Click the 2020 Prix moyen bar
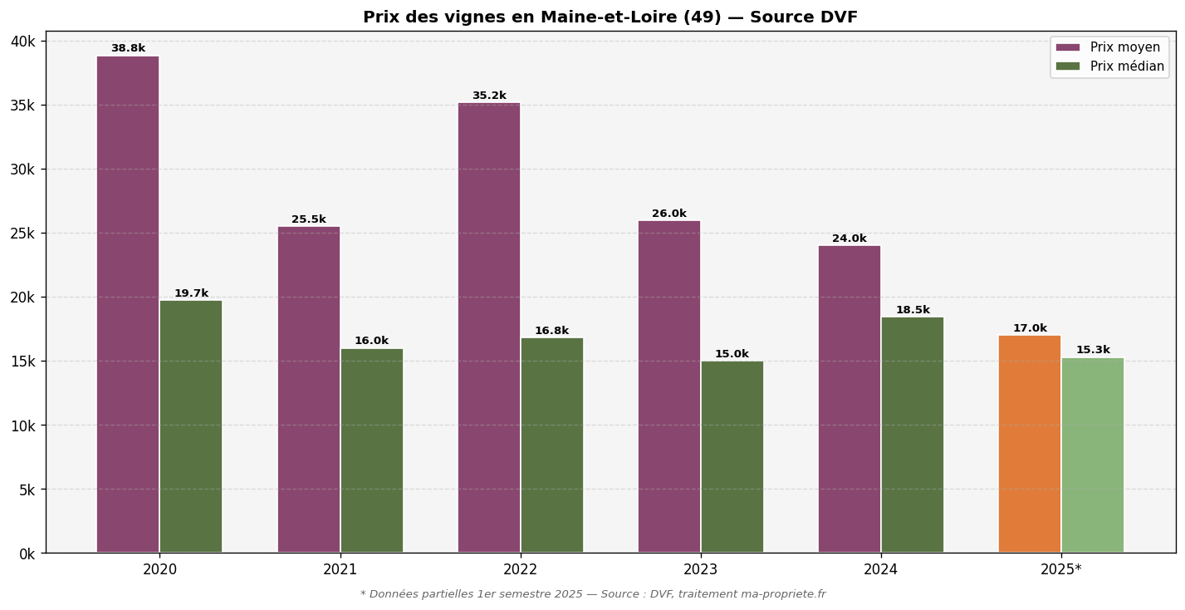pyautogui.click(x=128, y=304)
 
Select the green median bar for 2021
pyautogui.click(x=371, y=450)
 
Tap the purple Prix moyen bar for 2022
pyautogui.click(x=489, y=327)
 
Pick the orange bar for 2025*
pyautogui.click(x=1030, y=444)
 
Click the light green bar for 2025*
pyautogui.click(x=1093, y=455)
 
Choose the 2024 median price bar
pyautogui.click(x=913, y=435)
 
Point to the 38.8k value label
pyautogui.click(x=128, y=49)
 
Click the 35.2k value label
pyautogui.click(x=489, y=96)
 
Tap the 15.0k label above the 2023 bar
pyautogui.click(x=732, y=355)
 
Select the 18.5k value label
pyautogui.click(x=913, y=311)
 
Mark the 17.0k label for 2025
pyautogui.click(x=1030, y=329)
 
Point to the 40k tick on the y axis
pyautogui.click(x=22, y=42)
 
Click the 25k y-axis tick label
pyautogui.click(x=22, y=234)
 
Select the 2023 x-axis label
pyautogui.click(x=700, y=570)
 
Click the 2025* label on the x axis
pyautogui.click(x=1060, y=570)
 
